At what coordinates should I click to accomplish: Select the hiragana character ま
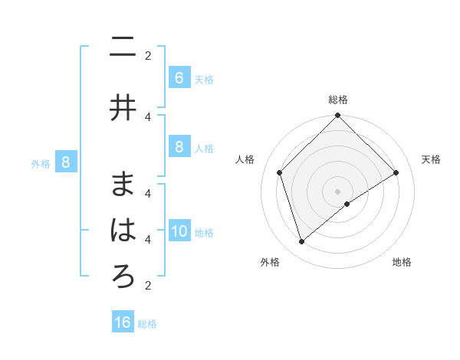(123, 184)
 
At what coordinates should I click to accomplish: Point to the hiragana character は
(123, 230)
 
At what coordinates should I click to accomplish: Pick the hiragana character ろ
(123, 276)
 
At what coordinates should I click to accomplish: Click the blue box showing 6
(179, 78)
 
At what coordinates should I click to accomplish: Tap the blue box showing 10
(179, 231)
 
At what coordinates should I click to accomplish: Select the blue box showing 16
(123, 322)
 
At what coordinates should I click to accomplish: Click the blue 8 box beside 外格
(65, 162)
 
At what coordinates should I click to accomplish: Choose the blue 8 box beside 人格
(179, 147)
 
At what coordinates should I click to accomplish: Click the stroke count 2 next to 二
(148, 55)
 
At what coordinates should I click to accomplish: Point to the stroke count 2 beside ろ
(148, 285)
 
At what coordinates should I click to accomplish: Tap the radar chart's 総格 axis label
(338, 100)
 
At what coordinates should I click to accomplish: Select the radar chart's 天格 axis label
(431, 159)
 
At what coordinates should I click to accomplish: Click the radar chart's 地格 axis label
(402, 262)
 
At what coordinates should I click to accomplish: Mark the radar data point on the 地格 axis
(347, 204)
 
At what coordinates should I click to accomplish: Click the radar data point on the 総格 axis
(338, 116)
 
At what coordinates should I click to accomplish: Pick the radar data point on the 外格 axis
(301, 242)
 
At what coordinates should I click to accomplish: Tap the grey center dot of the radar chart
(338, 191)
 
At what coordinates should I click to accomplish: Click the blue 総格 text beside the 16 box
(147, 324)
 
